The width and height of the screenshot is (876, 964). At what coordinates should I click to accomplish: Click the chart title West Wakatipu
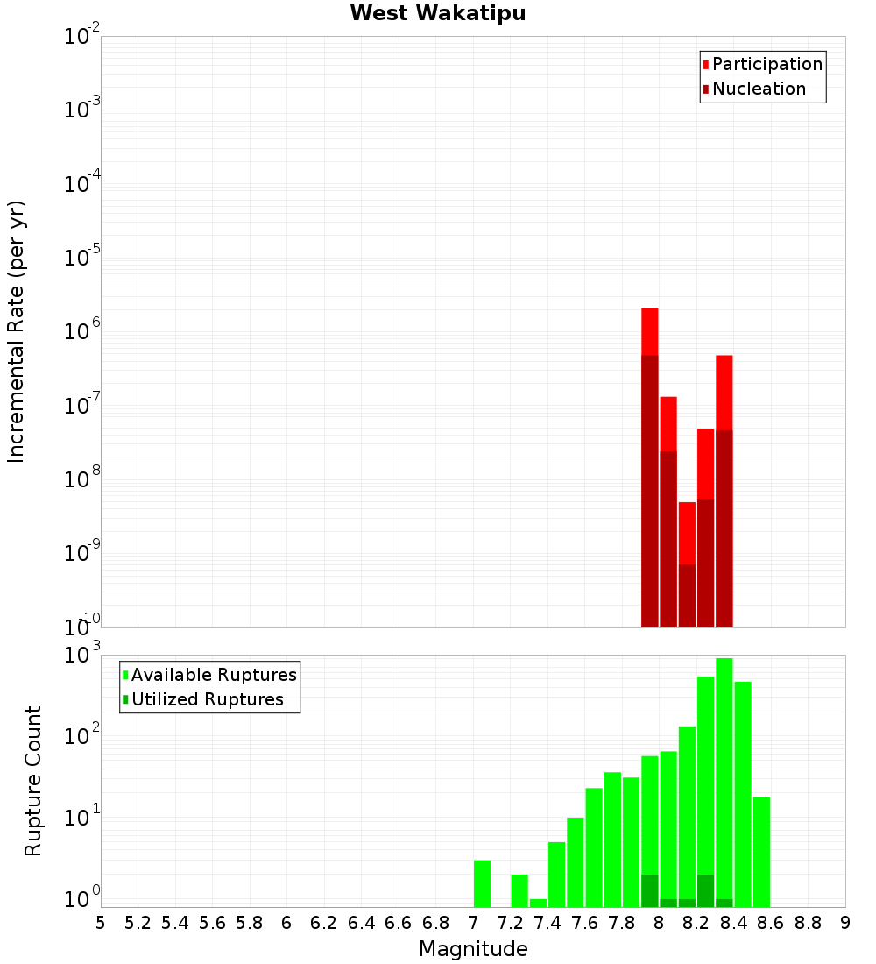438,14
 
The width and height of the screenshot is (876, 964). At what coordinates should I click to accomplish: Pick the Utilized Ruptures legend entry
207,699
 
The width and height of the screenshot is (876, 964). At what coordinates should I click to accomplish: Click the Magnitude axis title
473,949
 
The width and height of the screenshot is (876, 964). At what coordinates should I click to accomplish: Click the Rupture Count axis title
33,781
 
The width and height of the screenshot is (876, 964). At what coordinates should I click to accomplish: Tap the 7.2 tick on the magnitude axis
510,923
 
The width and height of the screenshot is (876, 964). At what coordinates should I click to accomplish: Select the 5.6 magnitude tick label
212,923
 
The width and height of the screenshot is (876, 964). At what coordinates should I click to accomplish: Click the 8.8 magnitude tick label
808,923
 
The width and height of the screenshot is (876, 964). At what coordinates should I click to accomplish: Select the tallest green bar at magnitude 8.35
724,780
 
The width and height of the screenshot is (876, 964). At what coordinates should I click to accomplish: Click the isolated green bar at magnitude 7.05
482,883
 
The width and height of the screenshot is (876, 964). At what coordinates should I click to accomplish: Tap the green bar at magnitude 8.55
761,850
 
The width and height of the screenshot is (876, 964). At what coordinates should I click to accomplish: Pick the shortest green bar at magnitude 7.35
538,903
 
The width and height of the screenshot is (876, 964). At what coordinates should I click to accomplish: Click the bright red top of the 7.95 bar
649,331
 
